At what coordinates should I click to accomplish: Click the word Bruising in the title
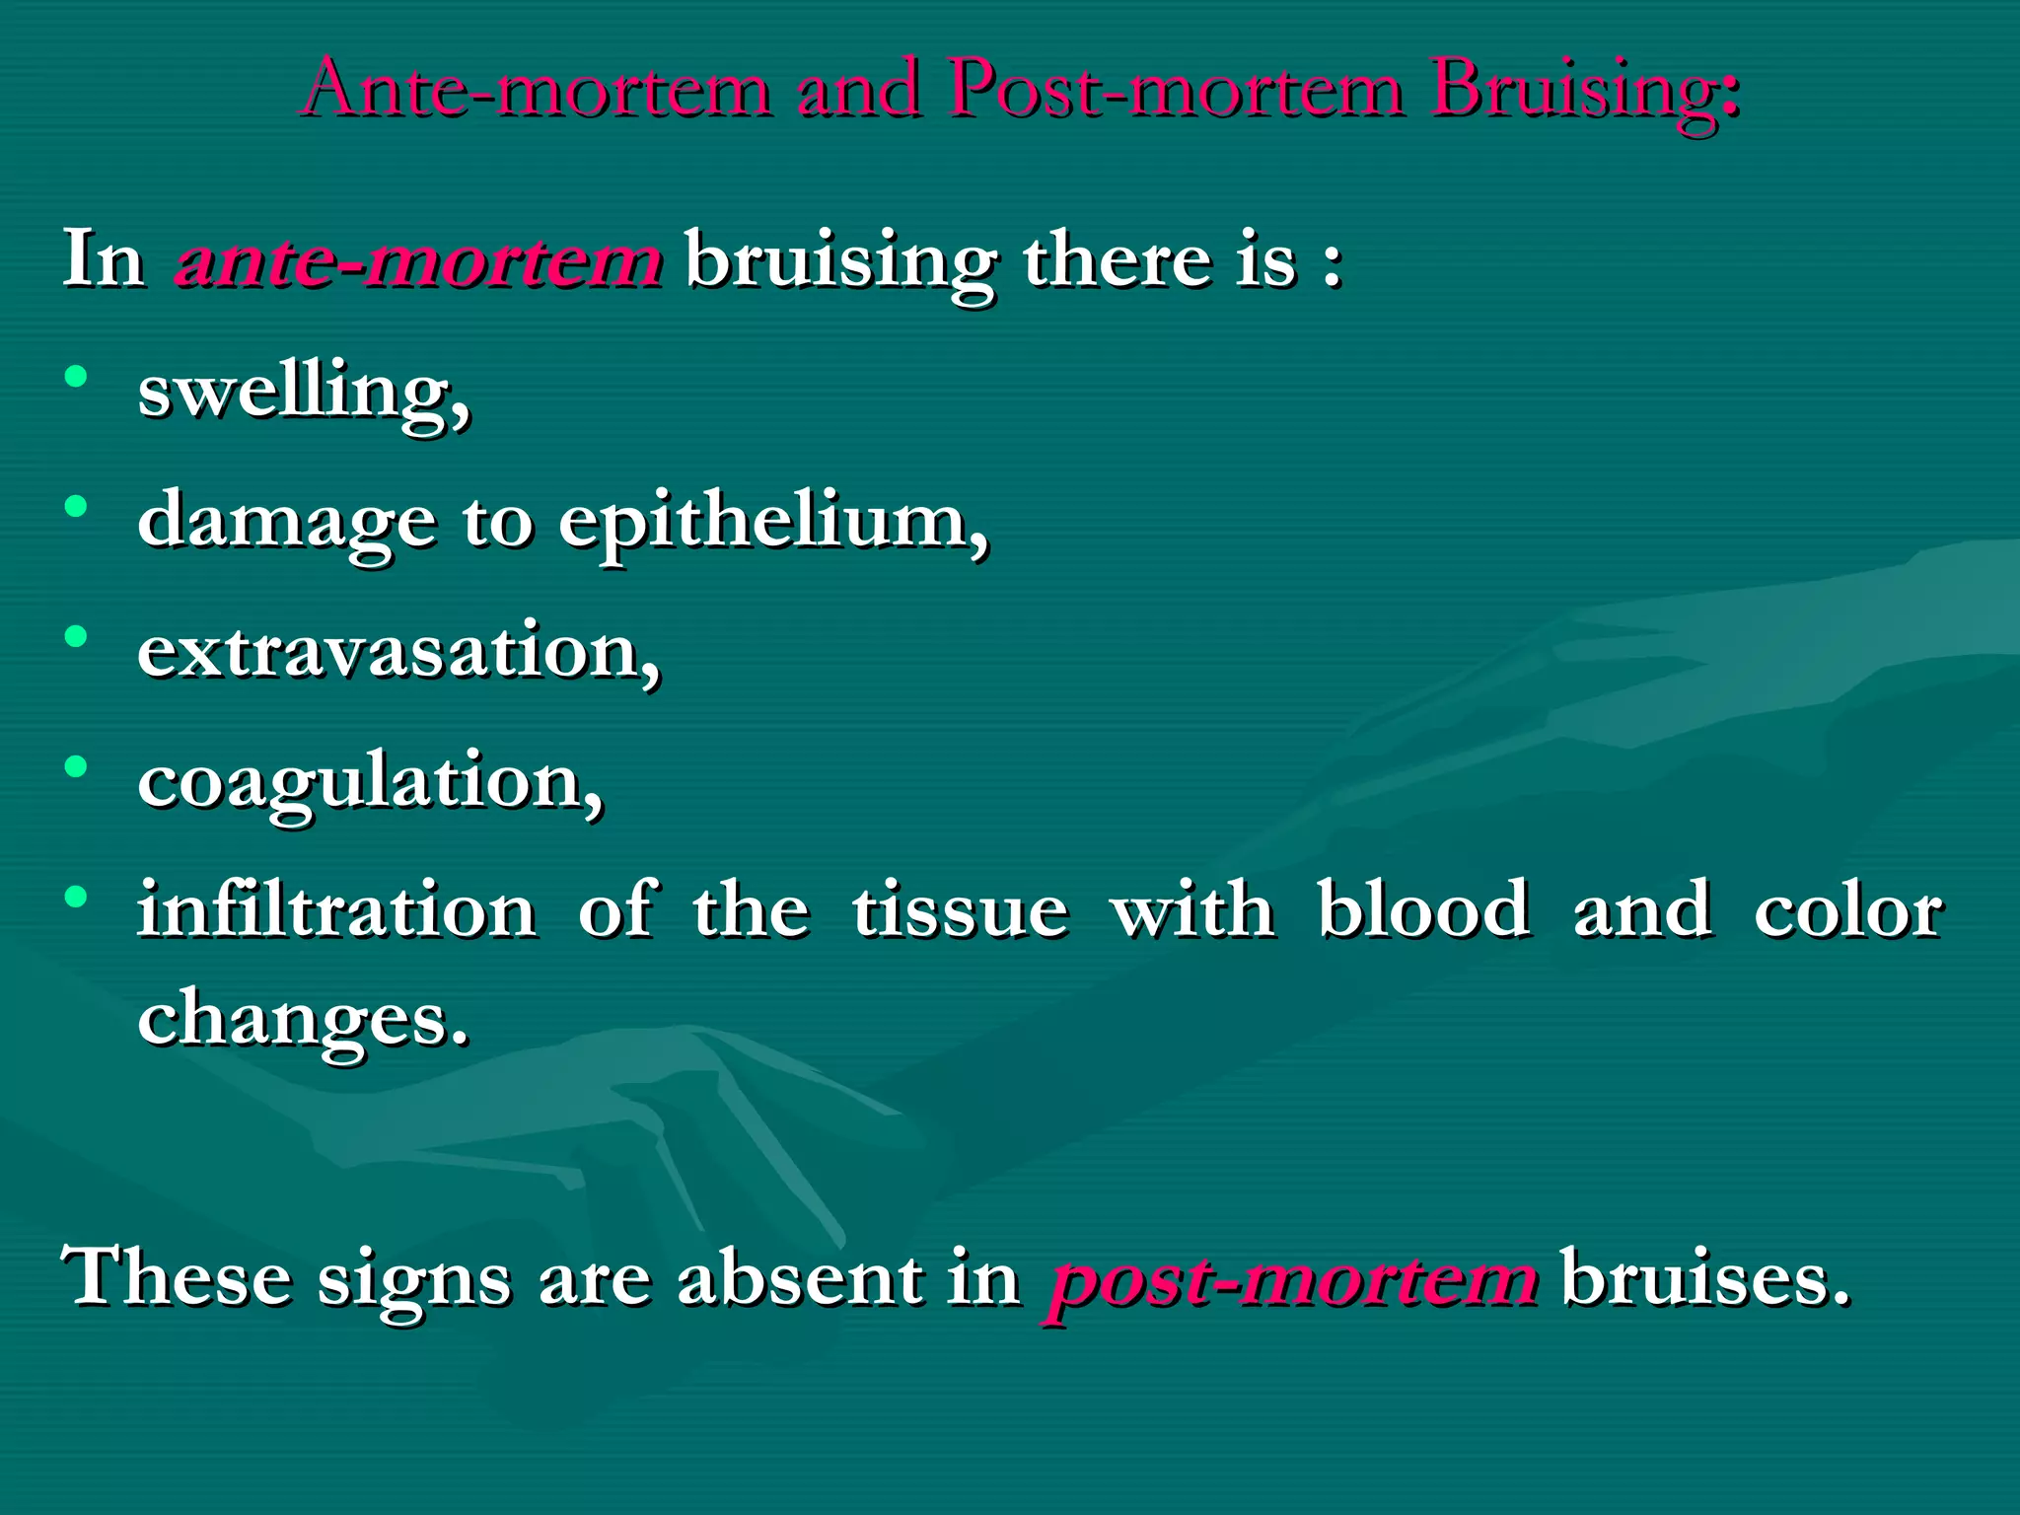click(1583, 91)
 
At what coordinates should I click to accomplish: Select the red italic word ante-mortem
click(419, 260)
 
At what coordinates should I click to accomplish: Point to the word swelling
click(304, 393)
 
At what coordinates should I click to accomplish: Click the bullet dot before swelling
click(76, 377)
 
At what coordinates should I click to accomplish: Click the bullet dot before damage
click(76, 507)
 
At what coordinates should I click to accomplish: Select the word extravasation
click(398, 652)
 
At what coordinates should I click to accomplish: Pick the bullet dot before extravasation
click(76, 637)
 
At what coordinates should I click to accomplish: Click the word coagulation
click(370, 782)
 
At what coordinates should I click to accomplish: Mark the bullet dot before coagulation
click(76, 766)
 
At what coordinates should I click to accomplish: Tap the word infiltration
click(337, 909)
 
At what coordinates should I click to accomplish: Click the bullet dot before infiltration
click(76, 897)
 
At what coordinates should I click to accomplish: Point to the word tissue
click(960, 909)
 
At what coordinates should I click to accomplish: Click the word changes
click(302, 1021)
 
